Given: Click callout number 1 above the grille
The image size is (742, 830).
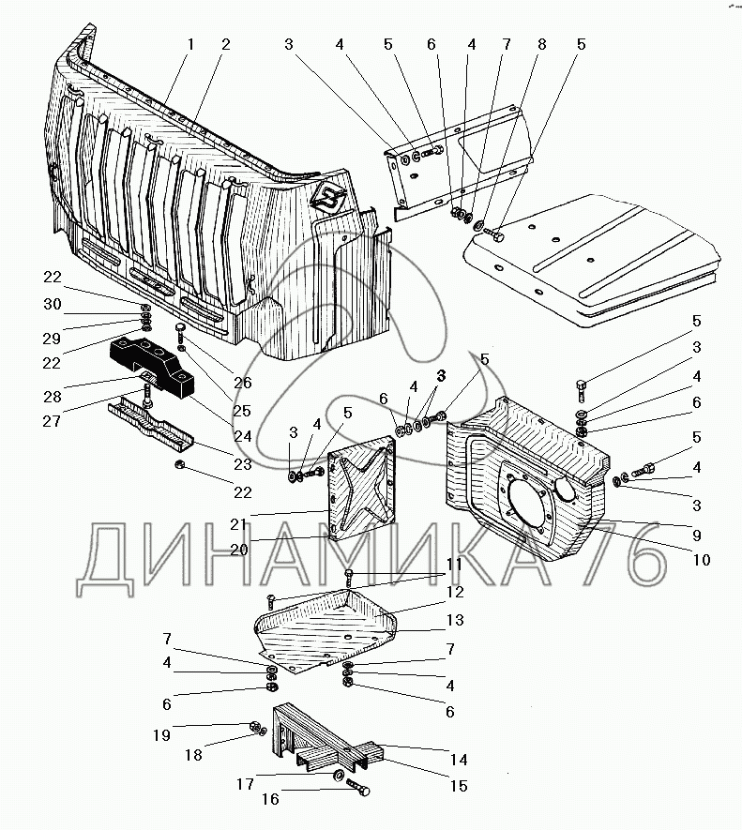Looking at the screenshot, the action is coord(190,44).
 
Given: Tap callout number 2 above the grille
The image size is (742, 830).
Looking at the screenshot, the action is coord(226,44).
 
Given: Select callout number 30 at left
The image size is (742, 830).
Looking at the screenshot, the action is coord(53,305).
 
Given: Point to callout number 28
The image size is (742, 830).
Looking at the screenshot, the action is coord(53,397).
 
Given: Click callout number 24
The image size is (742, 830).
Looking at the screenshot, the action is coord(243,436).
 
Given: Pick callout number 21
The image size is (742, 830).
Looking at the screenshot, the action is coord(239,524).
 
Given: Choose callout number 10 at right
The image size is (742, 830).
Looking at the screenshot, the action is coord(702,560).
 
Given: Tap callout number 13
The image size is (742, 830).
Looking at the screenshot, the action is coord(455,620).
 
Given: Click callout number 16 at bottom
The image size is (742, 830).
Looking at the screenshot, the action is coord(271,799).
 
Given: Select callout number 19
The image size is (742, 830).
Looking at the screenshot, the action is coord(161,735).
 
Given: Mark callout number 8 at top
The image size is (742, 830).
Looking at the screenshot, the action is coord(541,44).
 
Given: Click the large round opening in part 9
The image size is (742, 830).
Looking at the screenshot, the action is coord(531,504).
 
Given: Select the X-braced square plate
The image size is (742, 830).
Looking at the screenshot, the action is coord(362,487).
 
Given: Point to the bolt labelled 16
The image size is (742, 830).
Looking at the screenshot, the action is coord(358,786).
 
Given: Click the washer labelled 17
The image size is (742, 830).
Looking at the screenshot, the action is coord(337,776).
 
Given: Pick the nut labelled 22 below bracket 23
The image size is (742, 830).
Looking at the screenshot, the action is coord(179,465).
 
